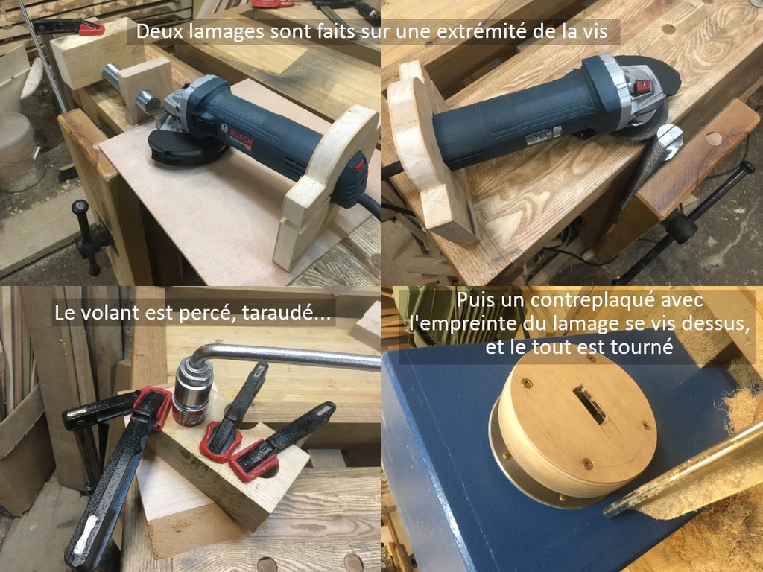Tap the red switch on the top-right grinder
pos(643,86)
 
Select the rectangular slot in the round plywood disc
pos(590,404)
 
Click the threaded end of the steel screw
pos(148,101)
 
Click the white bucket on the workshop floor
pos(20,150)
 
